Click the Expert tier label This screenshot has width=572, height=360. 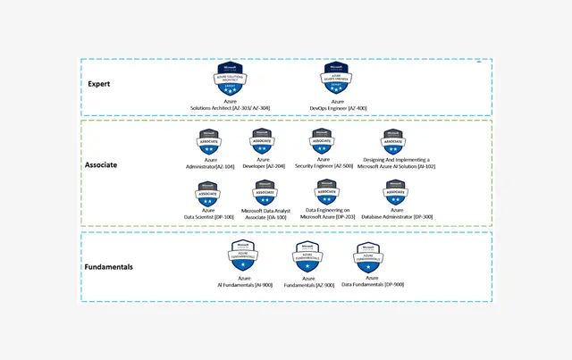click(x=98, y=84)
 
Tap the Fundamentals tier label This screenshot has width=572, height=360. click(x=113, y=266)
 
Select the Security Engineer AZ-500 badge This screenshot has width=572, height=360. click(x=323, y=142)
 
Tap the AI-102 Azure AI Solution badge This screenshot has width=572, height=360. click(x=393, y=142)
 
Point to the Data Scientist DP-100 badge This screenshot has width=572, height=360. click(x=208, y=193)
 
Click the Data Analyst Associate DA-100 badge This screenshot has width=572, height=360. click(x=265, y=193)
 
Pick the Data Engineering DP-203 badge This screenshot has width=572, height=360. click(x=327, y=192)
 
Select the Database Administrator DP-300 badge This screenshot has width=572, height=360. click(x=395, y=193)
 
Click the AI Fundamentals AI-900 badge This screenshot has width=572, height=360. click(x=243, y=255)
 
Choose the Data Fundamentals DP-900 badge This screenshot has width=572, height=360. click(x=369, y=257)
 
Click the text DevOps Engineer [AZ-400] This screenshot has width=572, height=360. click(x=336, y=108)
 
